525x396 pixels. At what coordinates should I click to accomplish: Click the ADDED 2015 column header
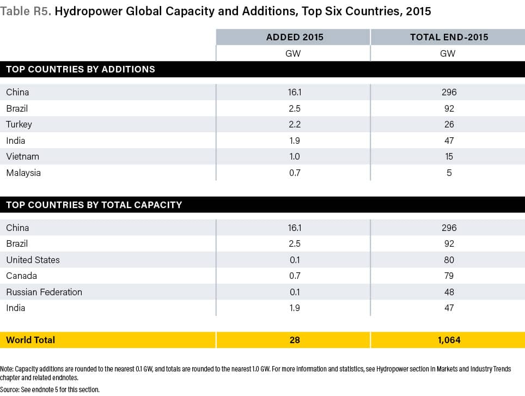tap(294, 37)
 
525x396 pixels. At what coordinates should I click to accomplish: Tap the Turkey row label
tap(19, 124)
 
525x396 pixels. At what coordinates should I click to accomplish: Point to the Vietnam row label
tap(22, 156)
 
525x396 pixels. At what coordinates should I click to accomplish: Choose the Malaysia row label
tap(23, 173)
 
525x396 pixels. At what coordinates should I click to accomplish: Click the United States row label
tap(33, 260)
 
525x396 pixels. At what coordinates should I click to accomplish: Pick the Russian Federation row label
tap(44, 292)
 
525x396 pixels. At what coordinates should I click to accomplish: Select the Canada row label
tap(22, 276)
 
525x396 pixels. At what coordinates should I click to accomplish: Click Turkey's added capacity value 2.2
tap(295, 124)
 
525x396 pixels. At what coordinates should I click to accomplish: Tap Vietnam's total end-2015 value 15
tap(449, 156)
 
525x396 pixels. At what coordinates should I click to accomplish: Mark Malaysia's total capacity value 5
tap(449, 173)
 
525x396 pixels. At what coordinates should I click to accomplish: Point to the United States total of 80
tap(449, 260)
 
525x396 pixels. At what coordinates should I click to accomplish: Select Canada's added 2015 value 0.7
tap(295, 276)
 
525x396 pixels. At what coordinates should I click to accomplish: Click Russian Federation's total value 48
tap(449, 292)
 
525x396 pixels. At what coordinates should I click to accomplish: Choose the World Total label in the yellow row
tap(30, 340)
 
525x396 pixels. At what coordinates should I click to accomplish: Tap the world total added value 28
tap(295, 340)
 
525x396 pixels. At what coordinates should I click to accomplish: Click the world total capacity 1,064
tap(449, 340)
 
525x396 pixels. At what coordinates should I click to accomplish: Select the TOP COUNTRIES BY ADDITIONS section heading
tap(81, 69)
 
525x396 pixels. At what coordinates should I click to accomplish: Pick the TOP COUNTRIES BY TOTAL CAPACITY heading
tap(94, 205)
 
